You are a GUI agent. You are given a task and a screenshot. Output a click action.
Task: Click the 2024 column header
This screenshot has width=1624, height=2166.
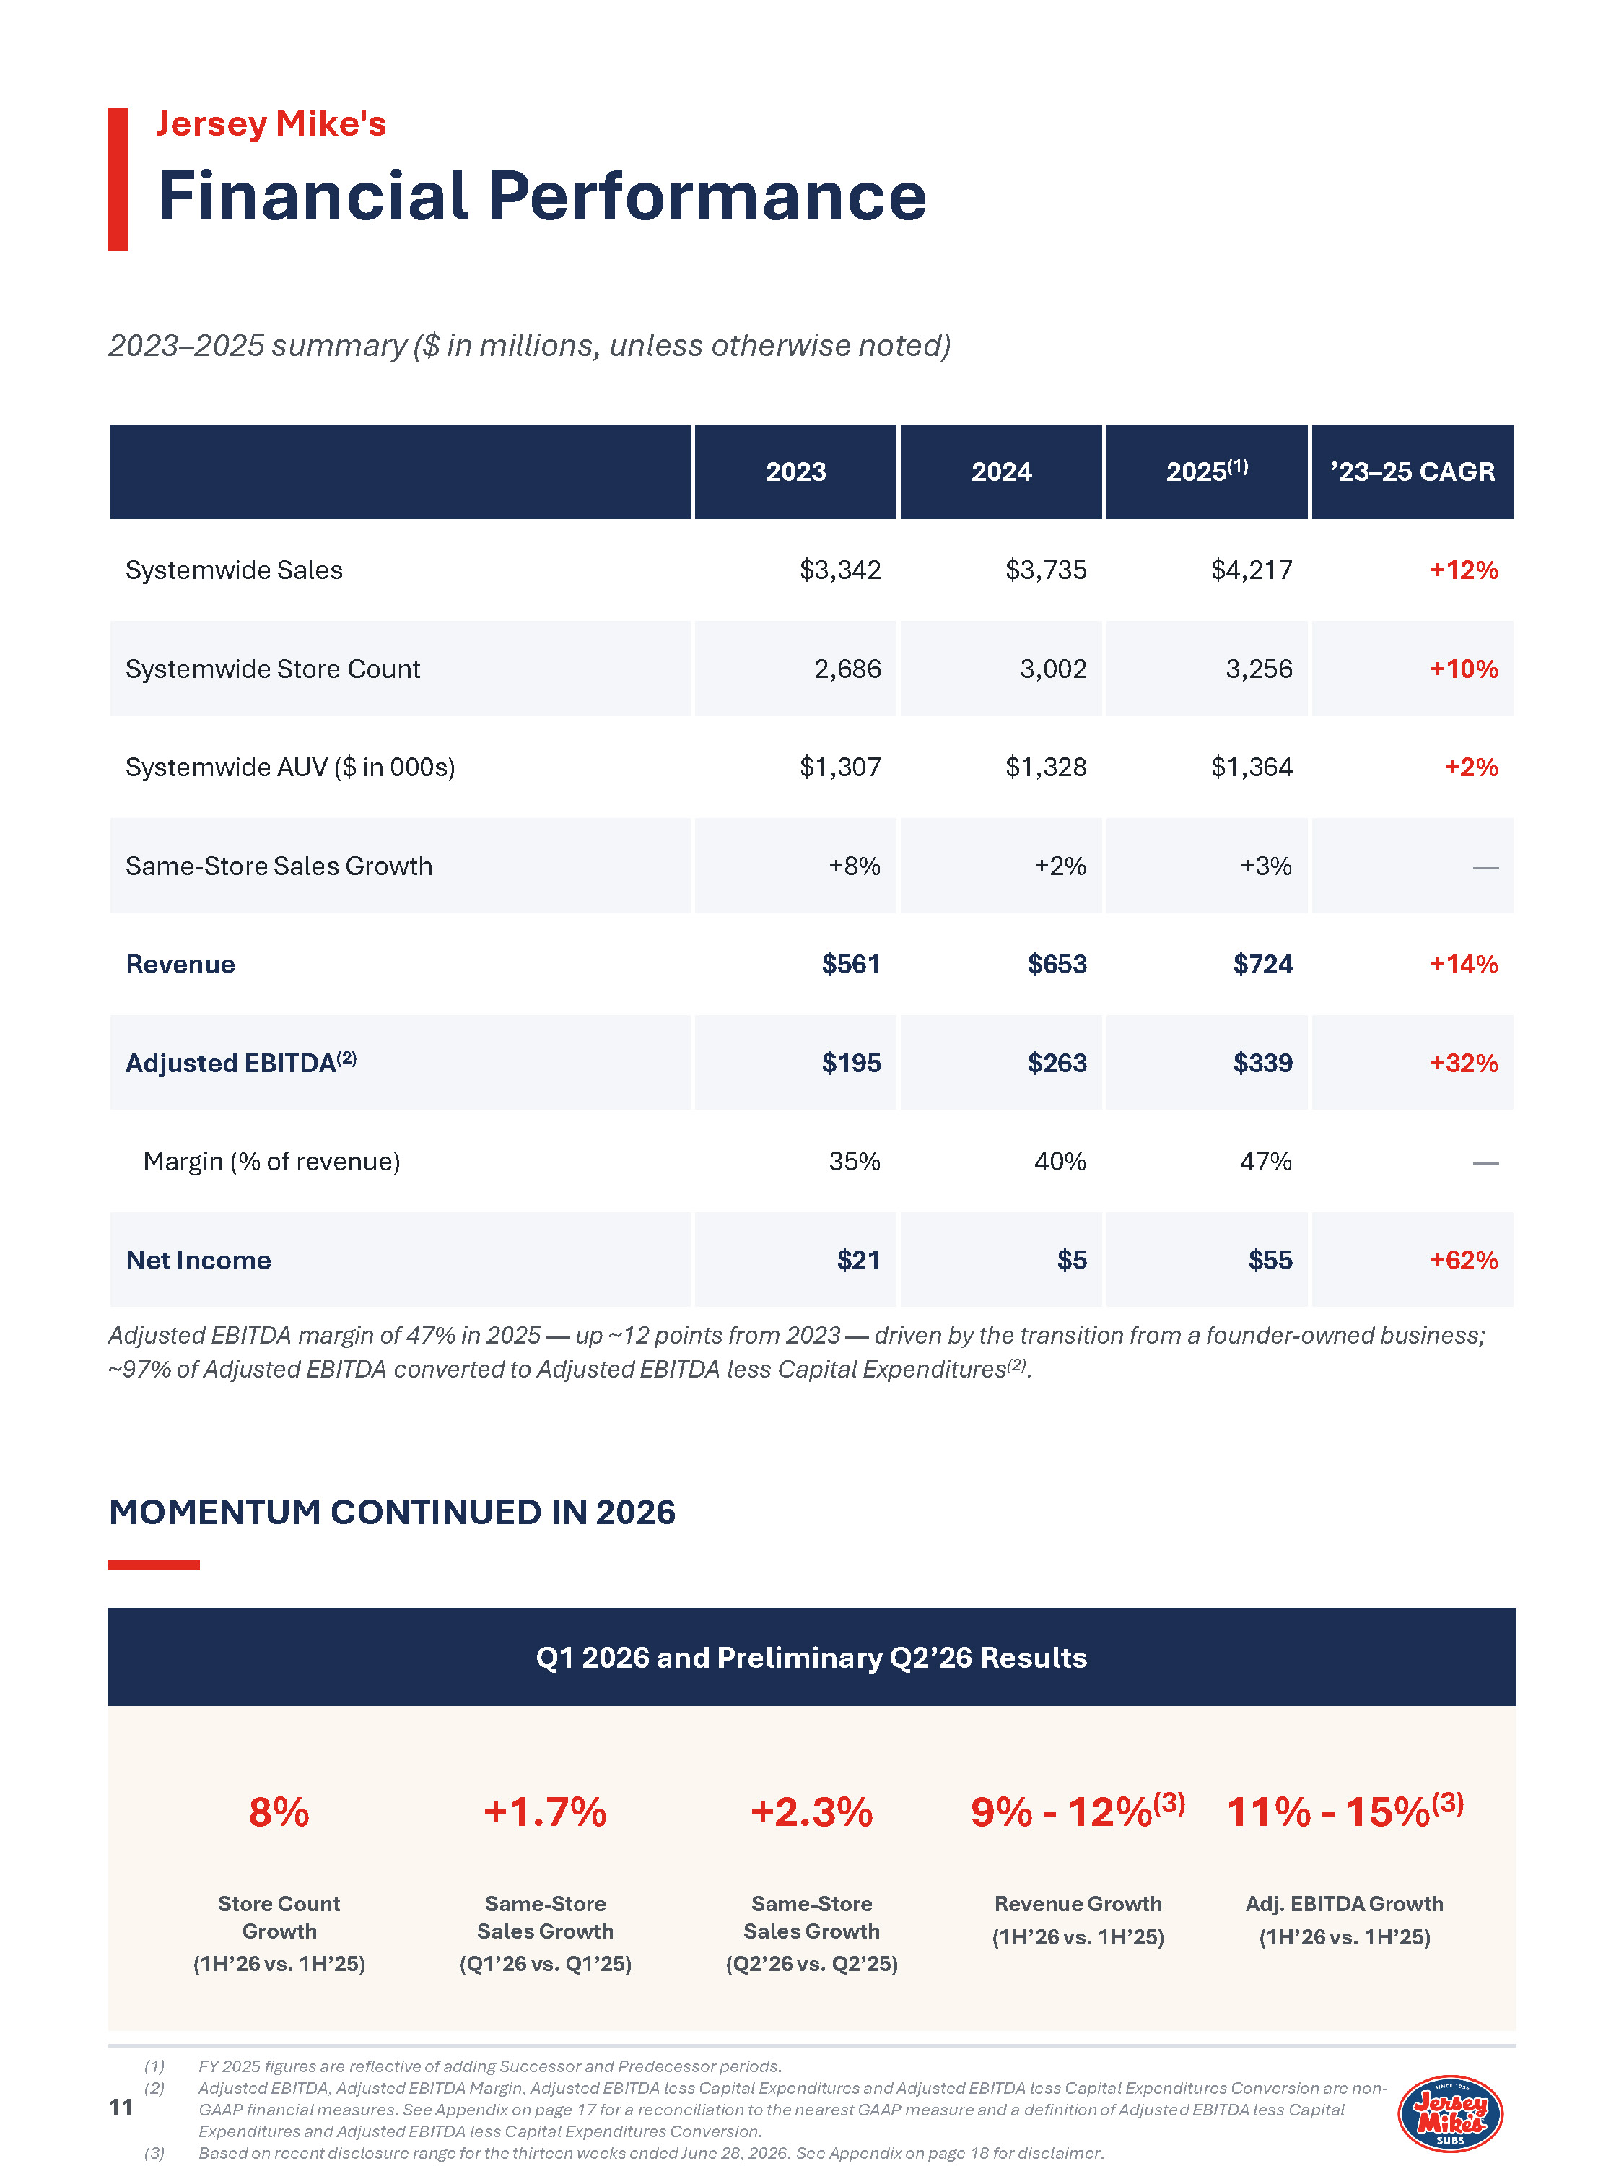(1001, 472)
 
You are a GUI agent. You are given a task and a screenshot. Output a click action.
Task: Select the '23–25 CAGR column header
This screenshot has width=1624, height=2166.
(1412, 472)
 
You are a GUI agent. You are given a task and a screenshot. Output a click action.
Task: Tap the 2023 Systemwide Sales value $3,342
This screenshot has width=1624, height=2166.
(840, 570)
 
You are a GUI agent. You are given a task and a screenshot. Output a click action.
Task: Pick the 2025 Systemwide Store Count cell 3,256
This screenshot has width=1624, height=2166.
(1259, 669)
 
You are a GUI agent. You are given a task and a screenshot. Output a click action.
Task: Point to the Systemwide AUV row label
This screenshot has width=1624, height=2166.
(289, 767)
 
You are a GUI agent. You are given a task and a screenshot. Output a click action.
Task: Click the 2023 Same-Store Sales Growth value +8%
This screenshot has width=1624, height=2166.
(854, 866)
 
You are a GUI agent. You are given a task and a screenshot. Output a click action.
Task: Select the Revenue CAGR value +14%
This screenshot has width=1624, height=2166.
(1464, 965)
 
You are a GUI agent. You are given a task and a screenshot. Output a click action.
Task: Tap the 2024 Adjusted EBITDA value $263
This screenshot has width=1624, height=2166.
(1057, 1063)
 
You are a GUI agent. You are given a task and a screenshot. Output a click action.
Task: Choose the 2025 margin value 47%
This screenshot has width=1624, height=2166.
(1266, 1161)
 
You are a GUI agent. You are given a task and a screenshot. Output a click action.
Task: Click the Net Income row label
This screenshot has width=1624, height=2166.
(198, 1260)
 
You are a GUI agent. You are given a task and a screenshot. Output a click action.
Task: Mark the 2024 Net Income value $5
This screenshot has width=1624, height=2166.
(1072, 1260)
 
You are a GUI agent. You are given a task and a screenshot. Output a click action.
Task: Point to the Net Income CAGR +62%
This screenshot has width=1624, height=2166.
(1464, 1260)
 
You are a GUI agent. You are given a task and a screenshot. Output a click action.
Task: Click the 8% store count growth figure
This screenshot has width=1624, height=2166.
(279, 1811)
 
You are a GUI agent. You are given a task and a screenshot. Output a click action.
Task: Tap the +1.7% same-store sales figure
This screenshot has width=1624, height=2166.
(545, 1811)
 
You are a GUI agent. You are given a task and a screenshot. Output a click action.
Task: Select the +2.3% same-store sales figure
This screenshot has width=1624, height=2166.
(811, 1811)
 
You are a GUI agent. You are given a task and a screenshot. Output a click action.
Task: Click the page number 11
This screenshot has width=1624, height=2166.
(121, 2108)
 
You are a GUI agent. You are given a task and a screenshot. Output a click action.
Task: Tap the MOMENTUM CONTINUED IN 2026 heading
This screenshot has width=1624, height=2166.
(391, 1512)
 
